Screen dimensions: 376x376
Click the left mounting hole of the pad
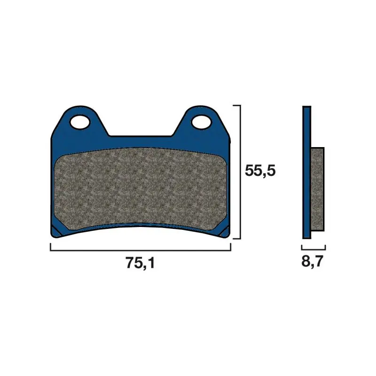coord(80,122)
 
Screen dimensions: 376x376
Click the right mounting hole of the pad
coord(202,122)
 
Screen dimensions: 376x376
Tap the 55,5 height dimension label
coord(260,171)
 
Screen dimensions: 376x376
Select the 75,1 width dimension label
coord(140,263)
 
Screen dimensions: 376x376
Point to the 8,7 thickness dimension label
coord(313,261)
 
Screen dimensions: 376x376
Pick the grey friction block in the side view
coord(318,189)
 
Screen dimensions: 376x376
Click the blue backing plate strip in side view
coord(307,172)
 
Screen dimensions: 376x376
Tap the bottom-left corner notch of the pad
coord(55,231)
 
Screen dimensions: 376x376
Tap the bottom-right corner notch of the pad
coord(225,232)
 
